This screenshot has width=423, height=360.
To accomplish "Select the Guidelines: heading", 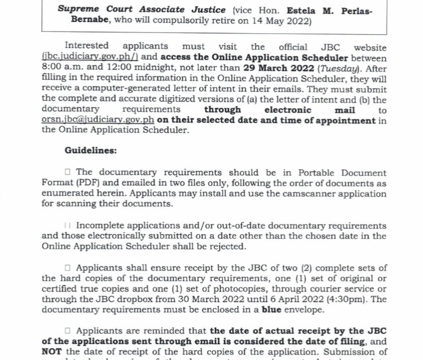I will [x=91, y=150].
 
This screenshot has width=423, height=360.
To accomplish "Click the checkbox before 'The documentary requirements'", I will [x=67, y=173].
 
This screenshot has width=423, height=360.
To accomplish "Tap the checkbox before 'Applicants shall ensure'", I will [x=67, y=268].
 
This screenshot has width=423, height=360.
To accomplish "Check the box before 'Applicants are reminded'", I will [x=67, y=331].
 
